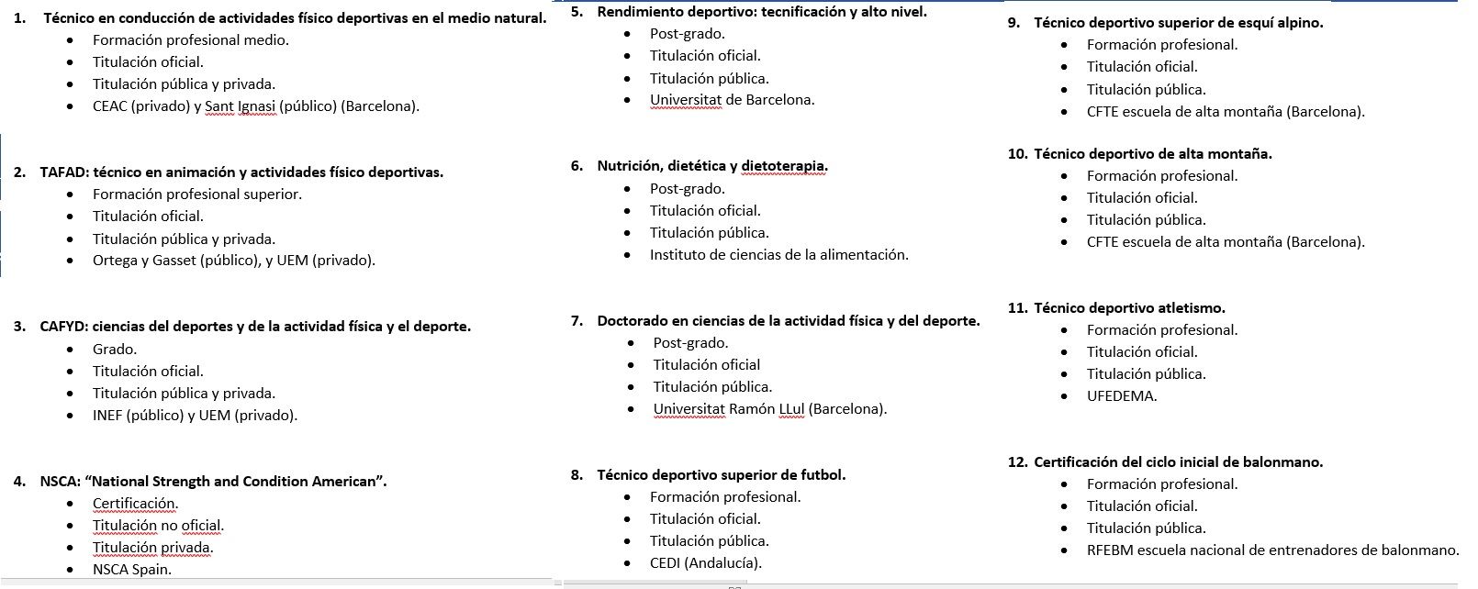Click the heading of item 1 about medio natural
click(294, 18)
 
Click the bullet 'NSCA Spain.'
click(131, 570)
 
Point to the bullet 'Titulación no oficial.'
click(158, 526)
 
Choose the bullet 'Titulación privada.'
click(152, 548)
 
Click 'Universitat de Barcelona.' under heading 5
click(732, 100)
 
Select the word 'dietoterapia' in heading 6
click(783, 166)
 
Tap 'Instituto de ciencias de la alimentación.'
click(778, 255)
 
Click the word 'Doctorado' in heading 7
click(633, 321)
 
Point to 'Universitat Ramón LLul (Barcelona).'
click(769, 409)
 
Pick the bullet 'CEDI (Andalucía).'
click(705, 563)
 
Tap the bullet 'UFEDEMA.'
click(1121, 396)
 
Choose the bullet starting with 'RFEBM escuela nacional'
click(1271, 550)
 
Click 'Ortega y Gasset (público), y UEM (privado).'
click(233, 261)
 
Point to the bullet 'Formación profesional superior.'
click(196, 194)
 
